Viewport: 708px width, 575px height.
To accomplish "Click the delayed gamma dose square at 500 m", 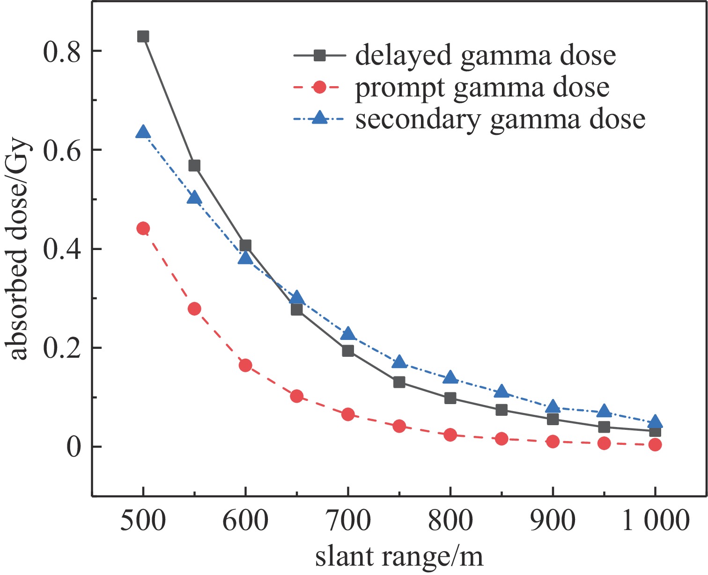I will click(143, 37).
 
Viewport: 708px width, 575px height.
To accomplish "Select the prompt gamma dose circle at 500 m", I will click(143, 229).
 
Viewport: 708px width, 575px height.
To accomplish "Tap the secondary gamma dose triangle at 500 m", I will click(143, 133).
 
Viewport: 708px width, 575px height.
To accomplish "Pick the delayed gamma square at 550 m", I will click(194, 166).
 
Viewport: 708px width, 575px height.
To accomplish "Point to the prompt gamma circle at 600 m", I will click(245, 366).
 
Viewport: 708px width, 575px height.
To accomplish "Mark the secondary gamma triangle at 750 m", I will click(399, 362).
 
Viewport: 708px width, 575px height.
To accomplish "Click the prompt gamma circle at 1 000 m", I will click(655, 444).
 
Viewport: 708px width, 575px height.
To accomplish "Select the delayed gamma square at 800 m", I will click(450, 398).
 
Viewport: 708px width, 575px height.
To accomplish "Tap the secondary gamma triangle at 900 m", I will click(553, 406).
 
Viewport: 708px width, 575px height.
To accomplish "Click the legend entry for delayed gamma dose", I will click(485, 56).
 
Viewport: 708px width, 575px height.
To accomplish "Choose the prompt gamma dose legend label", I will click(482, 88).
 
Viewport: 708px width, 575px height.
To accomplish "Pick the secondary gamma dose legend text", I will click(500, 119).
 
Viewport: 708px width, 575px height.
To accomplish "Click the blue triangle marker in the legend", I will click(319, 117).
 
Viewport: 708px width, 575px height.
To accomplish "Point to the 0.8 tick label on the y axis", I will click(62, 51).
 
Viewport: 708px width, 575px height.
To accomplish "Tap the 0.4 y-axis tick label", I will click(62, 249).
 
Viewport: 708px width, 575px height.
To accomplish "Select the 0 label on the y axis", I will click(74, 447).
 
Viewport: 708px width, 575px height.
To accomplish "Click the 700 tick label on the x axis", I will click(347, 521).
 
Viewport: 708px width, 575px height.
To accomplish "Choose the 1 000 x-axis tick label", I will click(655, 521).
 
